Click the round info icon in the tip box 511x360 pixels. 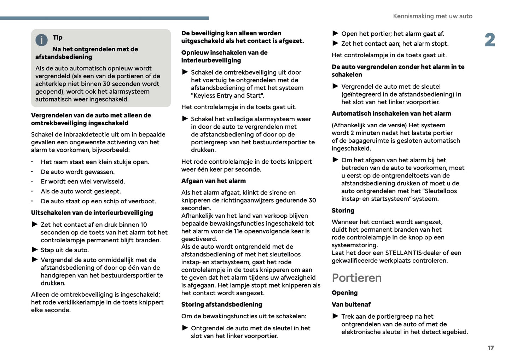tap(41, 40)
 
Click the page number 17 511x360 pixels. tap(490, 348)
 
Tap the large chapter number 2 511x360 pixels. tap(490, 40)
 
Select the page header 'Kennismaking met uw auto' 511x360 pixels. tap(432, 16)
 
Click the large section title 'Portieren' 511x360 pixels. tap(356, 278)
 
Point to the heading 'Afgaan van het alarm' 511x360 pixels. tap(213, 181)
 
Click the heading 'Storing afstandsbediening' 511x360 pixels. tap(221, 304)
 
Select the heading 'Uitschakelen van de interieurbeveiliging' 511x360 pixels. tap(92, 213)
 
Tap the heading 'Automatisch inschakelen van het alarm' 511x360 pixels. tap(391, 114)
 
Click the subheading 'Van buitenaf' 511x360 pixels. tap(351, 304)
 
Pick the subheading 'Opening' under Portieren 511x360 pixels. tap(344, 293)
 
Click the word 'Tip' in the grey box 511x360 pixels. tap(58, 37)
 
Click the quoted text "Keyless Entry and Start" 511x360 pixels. tap(227, 95)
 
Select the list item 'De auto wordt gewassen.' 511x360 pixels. tap(77, 172)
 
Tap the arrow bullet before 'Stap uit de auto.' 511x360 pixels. tap(35, 250)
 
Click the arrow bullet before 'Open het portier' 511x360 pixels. tap(335, 34)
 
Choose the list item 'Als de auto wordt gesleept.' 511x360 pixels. tap(81, 191)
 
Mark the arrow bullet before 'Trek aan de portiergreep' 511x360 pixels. tap(335, 316)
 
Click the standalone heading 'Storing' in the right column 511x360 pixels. tap(343, 210)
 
